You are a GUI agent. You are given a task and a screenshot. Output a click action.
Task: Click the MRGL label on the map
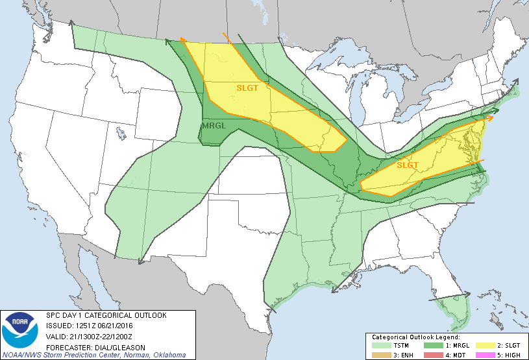214,126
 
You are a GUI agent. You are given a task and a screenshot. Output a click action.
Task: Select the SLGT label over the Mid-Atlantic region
408,165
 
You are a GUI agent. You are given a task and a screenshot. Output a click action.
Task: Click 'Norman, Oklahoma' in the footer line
156,355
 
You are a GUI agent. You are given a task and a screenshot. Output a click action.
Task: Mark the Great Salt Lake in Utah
120,134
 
